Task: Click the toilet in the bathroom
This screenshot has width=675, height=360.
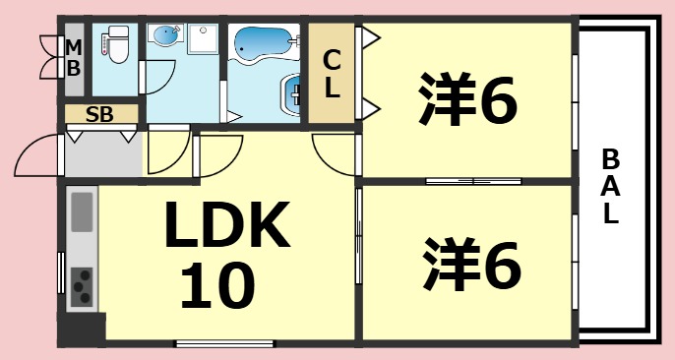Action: click(x=117, y=44)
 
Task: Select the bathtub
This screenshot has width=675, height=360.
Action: click(x=262, y=45)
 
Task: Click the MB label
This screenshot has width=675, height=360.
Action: click(x=73, y=58)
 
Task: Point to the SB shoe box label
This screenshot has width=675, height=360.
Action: click(x=98, y=113)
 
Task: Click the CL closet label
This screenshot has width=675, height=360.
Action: click(x=332, y=75)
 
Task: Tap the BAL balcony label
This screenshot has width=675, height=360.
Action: click(x=611, y=187)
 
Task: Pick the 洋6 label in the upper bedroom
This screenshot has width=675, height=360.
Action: click(x=467, y=101)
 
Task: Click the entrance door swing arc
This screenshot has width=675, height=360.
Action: click(x=37, y=152)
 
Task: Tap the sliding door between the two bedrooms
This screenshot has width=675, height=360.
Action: click(x=473, y=181)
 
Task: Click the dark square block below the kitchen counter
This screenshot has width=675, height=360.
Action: click(x=82, y=329)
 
